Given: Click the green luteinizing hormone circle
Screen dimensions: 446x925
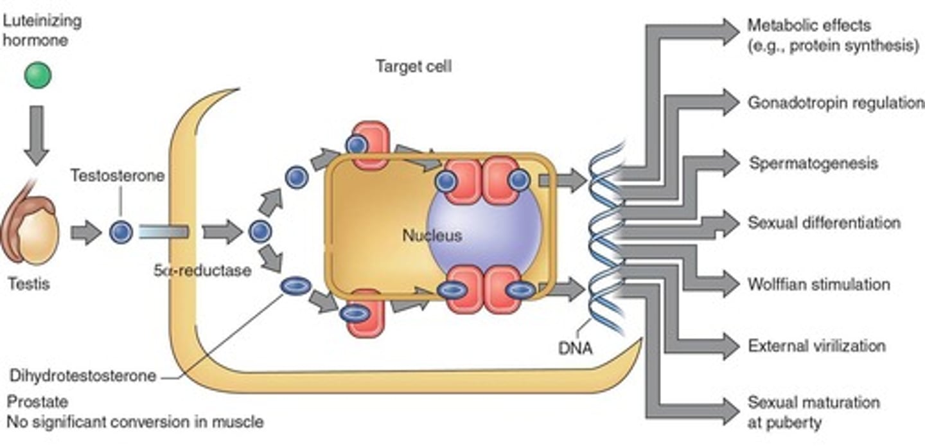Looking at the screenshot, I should (37, 76).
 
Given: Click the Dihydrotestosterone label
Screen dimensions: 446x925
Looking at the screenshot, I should (84, 375).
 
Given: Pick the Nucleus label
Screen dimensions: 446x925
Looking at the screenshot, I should (432, 235).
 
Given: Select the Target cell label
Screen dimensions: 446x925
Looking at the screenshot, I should (414, 66).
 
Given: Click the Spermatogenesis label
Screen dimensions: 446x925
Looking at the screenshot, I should (813, 163).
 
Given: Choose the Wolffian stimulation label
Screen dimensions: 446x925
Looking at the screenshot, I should (819, 284).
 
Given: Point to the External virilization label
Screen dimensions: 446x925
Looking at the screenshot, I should (816, 346).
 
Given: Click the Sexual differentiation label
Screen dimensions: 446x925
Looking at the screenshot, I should (824, 223).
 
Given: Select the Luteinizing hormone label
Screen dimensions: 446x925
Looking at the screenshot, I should (42, 30).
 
